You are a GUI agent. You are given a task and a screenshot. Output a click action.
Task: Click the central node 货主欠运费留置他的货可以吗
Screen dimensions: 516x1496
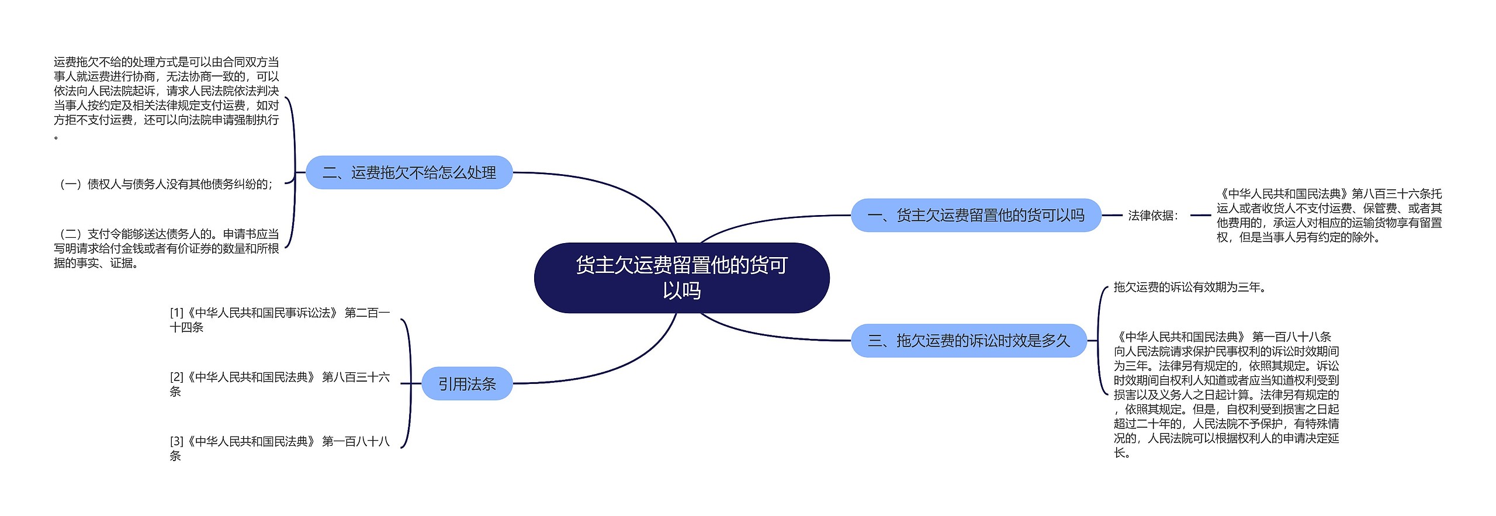(681, 278)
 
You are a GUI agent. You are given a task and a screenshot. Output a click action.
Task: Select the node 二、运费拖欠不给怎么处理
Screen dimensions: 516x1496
(409, 172)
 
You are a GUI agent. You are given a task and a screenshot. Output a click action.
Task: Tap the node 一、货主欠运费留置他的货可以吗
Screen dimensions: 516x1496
(976, 215)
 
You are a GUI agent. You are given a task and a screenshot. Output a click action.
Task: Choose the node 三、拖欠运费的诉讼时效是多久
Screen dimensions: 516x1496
(969, 340)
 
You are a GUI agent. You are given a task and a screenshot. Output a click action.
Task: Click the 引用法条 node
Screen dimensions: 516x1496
(467, 383)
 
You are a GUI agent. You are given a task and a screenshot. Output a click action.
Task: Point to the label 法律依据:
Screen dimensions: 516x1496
(1153, 216)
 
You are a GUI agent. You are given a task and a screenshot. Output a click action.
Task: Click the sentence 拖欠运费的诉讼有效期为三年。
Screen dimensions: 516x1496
(1190, 287)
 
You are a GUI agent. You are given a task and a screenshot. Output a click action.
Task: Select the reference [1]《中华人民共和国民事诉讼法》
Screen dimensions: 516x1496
(279, 320)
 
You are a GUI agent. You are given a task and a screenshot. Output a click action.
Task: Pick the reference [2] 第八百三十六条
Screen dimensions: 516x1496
(279, 384)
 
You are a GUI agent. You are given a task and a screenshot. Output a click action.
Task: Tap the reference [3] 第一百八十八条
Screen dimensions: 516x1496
(279, 448)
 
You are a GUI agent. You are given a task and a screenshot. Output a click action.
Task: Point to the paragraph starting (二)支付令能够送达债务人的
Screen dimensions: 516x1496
(166, 248)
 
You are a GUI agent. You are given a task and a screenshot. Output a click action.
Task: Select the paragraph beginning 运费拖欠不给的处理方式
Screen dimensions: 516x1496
(166, 98)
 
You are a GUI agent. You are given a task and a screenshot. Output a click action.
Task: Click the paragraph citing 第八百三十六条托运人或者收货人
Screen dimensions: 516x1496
(1329, 215)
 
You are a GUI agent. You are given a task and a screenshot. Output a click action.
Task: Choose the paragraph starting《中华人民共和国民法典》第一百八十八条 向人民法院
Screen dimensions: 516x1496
(1226, 394)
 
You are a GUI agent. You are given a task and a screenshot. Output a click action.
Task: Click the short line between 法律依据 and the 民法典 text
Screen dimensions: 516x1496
(1200, 215)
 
